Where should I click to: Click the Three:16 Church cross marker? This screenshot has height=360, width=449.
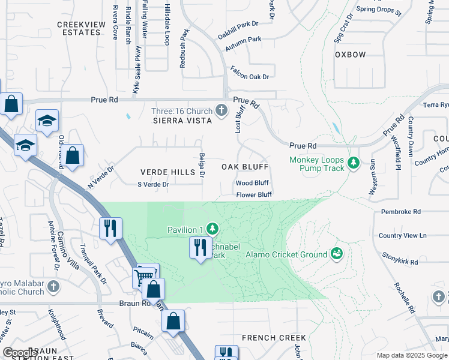coord(222,111)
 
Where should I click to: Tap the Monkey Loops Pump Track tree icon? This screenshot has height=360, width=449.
coord(354,163)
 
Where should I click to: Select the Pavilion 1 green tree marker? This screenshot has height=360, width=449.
coord(212,229)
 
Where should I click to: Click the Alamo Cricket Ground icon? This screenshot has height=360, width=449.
coord(336,254)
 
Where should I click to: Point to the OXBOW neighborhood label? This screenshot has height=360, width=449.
coord(350,55)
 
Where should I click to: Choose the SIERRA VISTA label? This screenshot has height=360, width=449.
coord(182,121)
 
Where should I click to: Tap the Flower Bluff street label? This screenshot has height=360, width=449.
coord(254,195)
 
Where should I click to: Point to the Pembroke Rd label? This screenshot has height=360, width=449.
coord(400,212)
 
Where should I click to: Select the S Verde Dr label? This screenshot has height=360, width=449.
coord(153,184)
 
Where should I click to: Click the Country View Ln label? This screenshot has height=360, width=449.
coord(402,235)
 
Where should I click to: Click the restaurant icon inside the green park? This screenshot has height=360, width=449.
coord(199,247)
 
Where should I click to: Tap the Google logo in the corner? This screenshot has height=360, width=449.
coord(19,353)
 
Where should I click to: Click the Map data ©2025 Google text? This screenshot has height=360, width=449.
coord(411,355)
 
